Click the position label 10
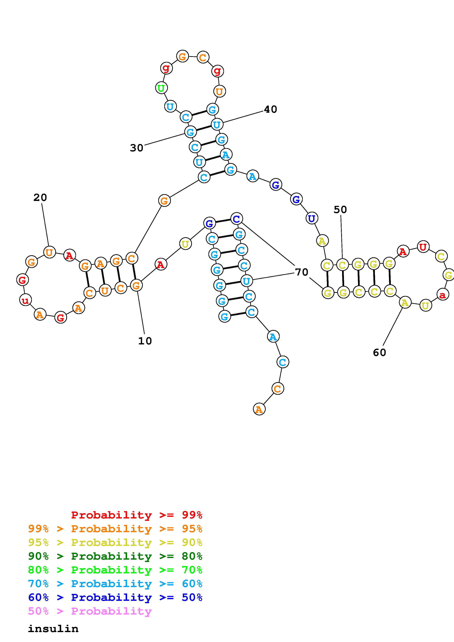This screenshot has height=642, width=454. [x=145, y=341]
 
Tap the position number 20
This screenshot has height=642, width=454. [x=40, y=198]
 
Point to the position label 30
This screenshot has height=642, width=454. [x=136, y=148]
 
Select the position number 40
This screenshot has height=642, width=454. [x=270, y=109]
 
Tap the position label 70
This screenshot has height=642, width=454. [x=302, y=272]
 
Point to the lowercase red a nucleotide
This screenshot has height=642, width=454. [x=442, y=294]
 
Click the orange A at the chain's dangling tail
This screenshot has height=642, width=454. [x=259, y=410]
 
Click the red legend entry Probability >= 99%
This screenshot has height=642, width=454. [x=137, y=515]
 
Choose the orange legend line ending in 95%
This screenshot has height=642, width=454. [x=115, y=529]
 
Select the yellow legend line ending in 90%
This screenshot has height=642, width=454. [x=115, y=542]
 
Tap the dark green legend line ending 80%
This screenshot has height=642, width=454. [x=115, y=556]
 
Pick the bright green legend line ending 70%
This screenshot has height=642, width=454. [x=115, y=570]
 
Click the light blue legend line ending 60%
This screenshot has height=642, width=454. [x=115, y=584]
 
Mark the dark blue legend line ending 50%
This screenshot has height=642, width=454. [x=115, y=598]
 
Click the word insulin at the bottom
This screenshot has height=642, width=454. [x=53, y=629]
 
